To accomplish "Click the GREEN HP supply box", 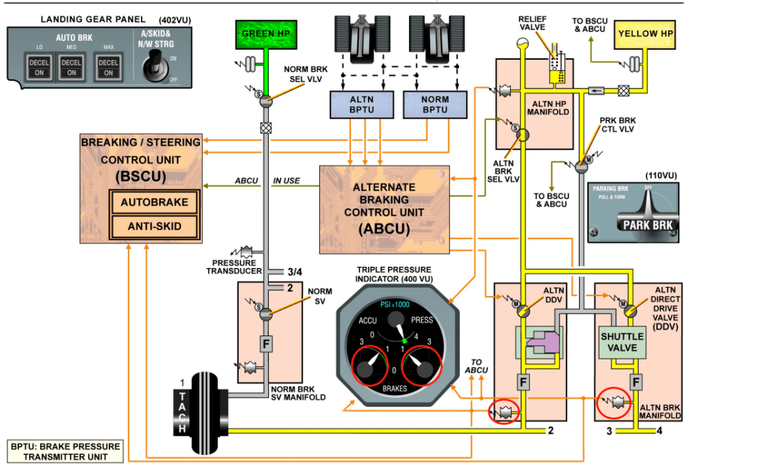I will click(x=265, y=33).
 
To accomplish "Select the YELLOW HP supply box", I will click(x=646, y=34).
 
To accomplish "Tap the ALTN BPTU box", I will click(x=361, y=105).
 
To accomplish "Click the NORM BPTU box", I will click(x=435, y=105).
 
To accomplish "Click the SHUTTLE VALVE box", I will click(x=622, y=342).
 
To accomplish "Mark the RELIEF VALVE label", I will click(x=532, y=23).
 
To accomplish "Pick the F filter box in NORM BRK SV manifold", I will click(x=265, y=344).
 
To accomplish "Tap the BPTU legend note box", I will click(x=65, y=451).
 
